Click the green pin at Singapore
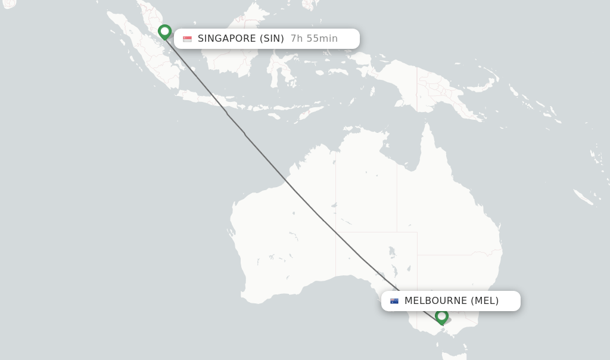pyautogui.click(x=165, y=32)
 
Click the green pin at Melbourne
pyautogui.click(x=441, y=316)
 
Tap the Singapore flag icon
pyautogui.click(x=188, y=39)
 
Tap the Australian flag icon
pyautogui.click(x=394, y=301)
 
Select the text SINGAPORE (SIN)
pyautogui.click(x=241, y=39)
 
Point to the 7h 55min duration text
pyautogui.click(x=314, y=39)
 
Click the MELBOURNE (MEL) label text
pyautogui.click(x=452, y=301)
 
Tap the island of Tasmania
pyautogui.click(x=455, y=356)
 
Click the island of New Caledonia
pyautogui.click(x=583, y=196)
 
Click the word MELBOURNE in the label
pyautogui.click(x=435, y=301)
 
